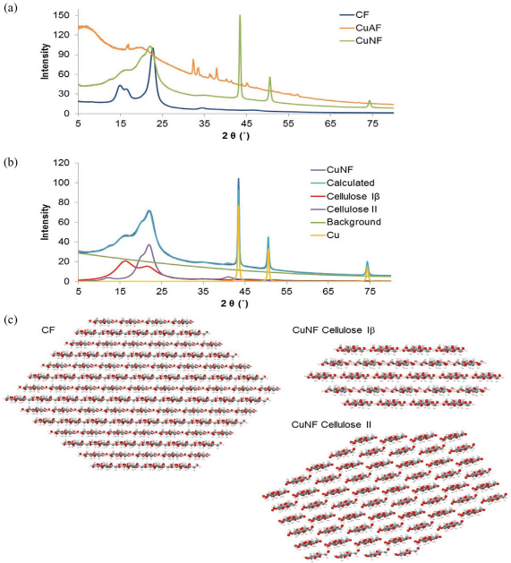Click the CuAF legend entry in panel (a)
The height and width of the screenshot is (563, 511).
click(360, 28)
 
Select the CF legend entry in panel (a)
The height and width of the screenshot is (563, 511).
click(354, 14)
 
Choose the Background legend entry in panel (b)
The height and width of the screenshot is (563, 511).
click(345, 222)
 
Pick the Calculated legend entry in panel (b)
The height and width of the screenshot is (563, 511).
click(343, 183)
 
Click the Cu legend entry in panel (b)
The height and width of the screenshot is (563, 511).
click(325, 235)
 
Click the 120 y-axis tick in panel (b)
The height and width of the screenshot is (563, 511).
click(61, 163)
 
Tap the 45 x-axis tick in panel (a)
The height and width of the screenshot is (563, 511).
click(246, 124)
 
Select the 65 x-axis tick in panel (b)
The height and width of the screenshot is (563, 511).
click(328, 292)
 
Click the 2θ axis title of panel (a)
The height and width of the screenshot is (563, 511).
click(235, 136)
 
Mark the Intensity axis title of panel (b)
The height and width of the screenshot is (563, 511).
click(45, 222)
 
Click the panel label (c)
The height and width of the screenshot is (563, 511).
click(11, 320)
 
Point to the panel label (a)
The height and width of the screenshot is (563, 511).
click(11, 8)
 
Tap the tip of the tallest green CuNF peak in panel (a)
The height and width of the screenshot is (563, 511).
click(240, 15)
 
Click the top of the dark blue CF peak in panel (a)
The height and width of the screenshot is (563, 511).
click(153, 47)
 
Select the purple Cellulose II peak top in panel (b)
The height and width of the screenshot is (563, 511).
click(149, 244)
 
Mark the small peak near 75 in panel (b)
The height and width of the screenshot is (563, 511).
click(367, 261)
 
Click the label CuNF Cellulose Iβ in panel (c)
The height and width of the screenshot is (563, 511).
click(334, 330)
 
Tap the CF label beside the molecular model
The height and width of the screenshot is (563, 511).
click(48, 329)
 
